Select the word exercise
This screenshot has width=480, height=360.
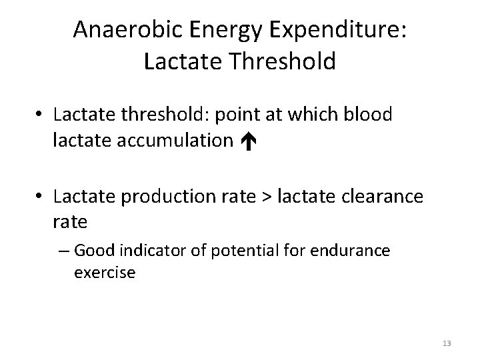[x=105, y=273]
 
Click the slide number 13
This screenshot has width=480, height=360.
[x=447, y=343]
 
